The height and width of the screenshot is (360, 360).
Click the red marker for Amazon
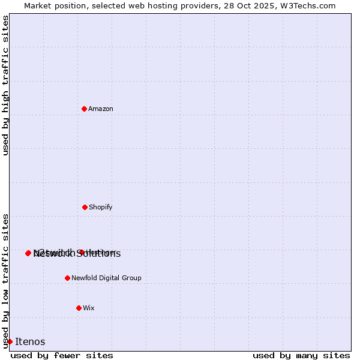pyautogui.click(x=84, y=109)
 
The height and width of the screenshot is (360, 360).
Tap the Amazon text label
pyautogui.click(x=101, y=109)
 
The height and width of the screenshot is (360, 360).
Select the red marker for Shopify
pyautogui.click(x=85, y=207)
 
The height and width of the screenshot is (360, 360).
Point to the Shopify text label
pyautogui.click(x=101, y=207)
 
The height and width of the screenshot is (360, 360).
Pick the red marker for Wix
pyautogui.click(x=79, y=308)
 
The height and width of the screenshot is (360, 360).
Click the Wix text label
pyautogui.click(x=89, y=308)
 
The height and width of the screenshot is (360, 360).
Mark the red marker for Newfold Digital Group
pyautogui.click(x=67, y=278)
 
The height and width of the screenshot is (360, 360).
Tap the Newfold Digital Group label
pyautogui.click(x=106, y=278)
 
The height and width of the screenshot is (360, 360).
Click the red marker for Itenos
pyautogui.click(x=10, y=341)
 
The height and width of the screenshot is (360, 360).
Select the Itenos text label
pyautogui.click(x=30, y=341)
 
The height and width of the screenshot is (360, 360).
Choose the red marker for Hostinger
pyautogui.click(x=81, y=253)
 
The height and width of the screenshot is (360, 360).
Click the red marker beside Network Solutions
pyautogui.click(x=28, y=253)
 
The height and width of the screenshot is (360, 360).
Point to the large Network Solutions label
pyautogui.click(x=77, y=254)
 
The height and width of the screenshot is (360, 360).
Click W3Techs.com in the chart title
pyautogui.click(x=311, y=5)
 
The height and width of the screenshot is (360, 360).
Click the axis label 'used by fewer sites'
pyautogui.click(x=62, y=355)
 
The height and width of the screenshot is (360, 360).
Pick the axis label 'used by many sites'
pyautogui.click(x=301, y=355)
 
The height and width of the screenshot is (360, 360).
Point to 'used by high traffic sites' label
pyautogui.click(x=5, y=85)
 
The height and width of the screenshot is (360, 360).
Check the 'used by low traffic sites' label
pyautogui.click(x=5, y=281)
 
